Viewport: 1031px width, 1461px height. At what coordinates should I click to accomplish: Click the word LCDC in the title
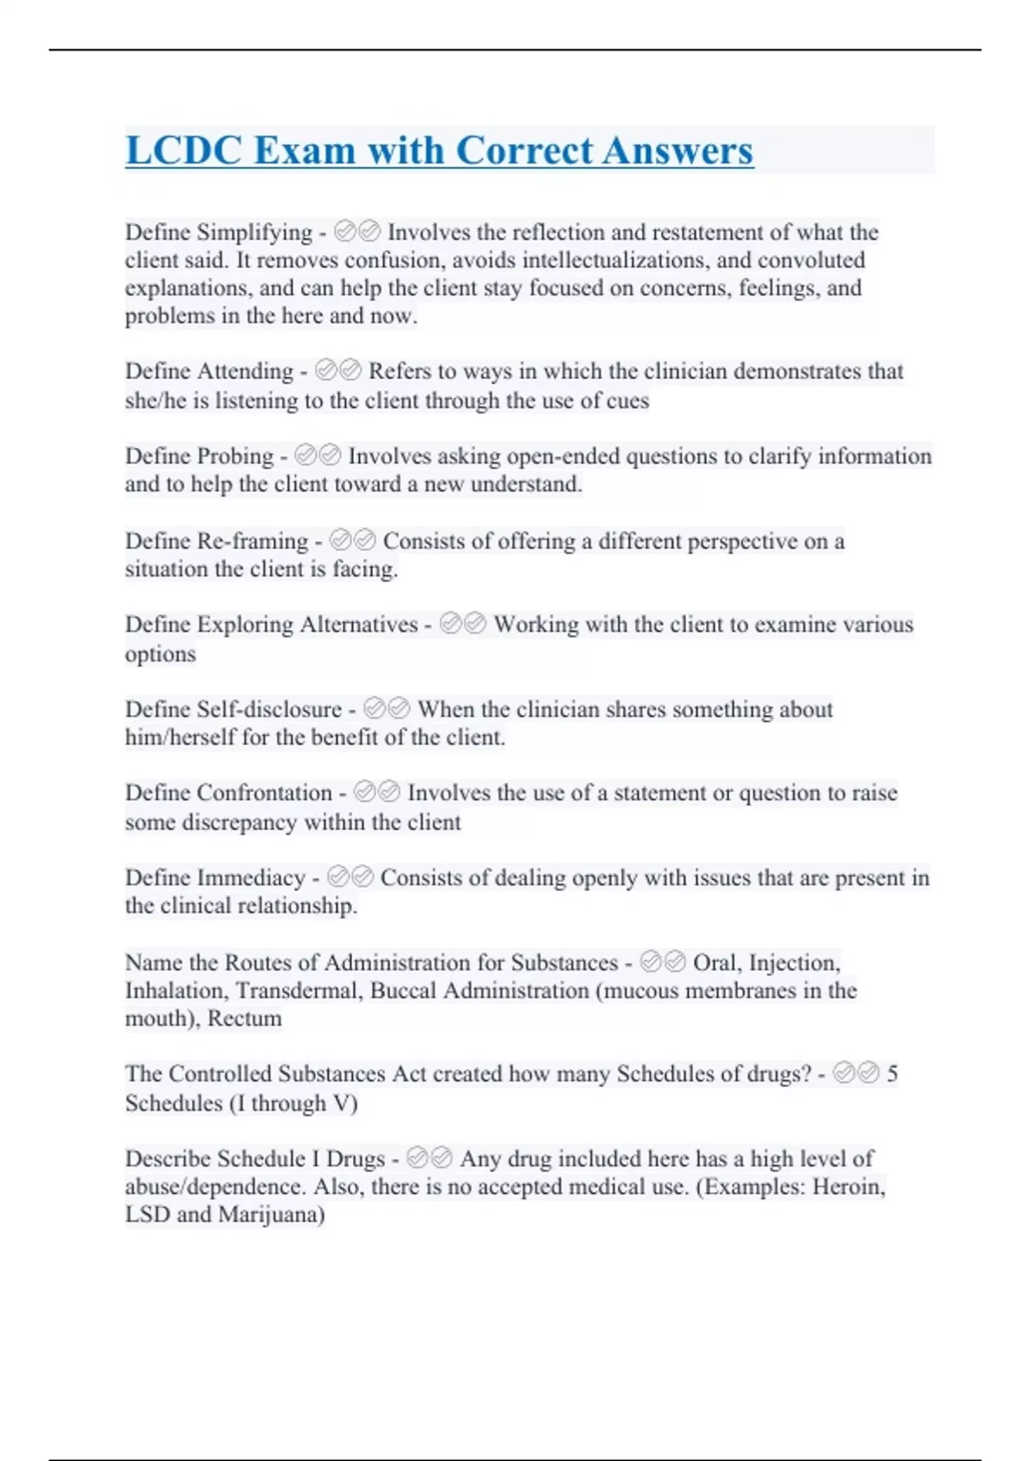point(183,150)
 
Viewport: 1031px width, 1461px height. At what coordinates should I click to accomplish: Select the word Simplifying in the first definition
point(254,232)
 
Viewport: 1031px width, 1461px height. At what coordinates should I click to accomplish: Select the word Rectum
point(245,1018)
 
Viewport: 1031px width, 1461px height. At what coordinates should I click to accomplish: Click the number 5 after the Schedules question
point(893,1073)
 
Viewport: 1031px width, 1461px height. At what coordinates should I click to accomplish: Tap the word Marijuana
point(271,1214)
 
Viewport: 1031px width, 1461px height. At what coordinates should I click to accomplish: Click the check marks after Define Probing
point(317,455)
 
